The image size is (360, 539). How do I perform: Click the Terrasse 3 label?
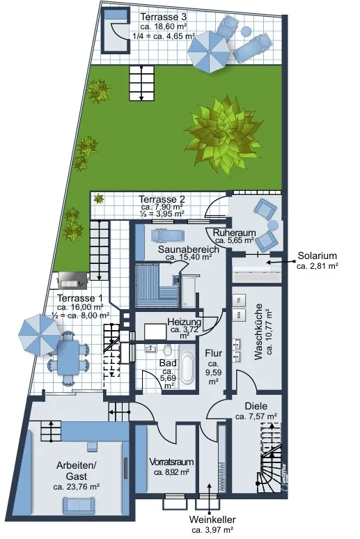click(164, 17)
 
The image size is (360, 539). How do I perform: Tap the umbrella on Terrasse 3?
click(208, 52)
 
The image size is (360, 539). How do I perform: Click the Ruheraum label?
click(234, 233)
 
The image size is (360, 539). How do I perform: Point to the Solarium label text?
click(317, 256)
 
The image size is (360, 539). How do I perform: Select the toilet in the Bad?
click(167, 350)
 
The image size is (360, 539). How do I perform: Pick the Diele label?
click(256, 406)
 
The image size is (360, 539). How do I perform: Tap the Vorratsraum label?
click(171, 462)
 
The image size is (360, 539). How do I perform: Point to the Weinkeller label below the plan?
click(212, 520)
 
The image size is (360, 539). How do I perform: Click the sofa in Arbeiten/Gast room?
click(79, 506)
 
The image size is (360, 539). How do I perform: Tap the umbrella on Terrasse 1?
click(40, 334)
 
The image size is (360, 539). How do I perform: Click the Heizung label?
click(185, 322)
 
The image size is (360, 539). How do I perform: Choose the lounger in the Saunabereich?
click(167, 236)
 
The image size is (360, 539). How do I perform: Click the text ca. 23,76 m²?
click(77, 487)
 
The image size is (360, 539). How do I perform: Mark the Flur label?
click(214, 353)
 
